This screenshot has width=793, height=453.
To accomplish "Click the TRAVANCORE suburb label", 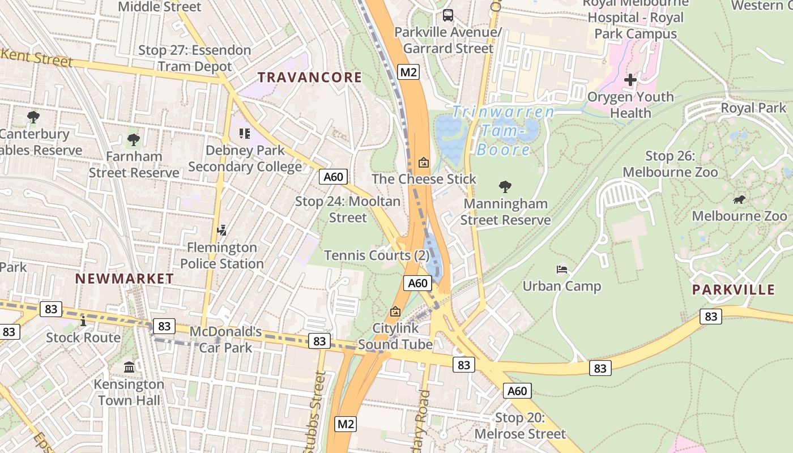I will [x=310, y=78].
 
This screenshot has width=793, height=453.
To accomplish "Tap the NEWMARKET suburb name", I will [x=125, y=279].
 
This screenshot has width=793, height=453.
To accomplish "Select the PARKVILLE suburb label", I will [x=733, y=290].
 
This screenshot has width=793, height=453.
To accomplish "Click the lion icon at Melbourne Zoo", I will [x=739, y=199].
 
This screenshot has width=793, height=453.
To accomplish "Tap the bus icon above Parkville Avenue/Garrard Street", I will [x=448, y=15].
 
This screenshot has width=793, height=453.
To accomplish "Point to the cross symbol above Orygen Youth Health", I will [x=630, y=80].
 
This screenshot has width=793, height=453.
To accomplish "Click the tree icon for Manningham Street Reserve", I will [x=505, y=187].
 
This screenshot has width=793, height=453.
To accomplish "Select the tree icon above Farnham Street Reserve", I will [x=134, y=139].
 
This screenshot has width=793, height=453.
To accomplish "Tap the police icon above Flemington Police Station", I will [x=222, y=230].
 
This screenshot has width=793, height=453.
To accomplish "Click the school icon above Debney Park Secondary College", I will [x=245, y=134].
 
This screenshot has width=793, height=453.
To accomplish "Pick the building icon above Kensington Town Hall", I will [x=129, y=367].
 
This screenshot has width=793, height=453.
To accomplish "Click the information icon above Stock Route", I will [x=83, y=321].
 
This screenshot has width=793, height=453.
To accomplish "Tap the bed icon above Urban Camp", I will [x=562, y=269].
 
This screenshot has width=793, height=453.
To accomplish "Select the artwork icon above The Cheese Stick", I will [x=423, y=163].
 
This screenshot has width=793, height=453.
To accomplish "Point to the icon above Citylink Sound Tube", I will [x=395, y=311].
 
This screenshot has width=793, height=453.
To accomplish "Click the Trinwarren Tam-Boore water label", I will [x=503, y=130].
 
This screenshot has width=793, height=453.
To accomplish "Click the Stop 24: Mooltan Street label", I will [x=348, y=210].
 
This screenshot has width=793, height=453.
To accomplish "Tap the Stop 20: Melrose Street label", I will [x=520, y=426].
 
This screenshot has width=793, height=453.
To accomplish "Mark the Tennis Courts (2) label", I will [x=377, y=255].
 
